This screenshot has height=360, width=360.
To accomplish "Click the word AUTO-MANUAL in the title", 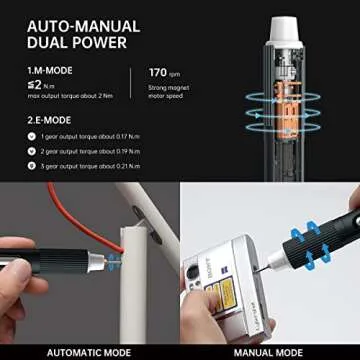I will (76, 24).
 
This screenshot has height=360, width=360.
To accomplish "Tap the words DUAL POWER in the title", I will (75, 43).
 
